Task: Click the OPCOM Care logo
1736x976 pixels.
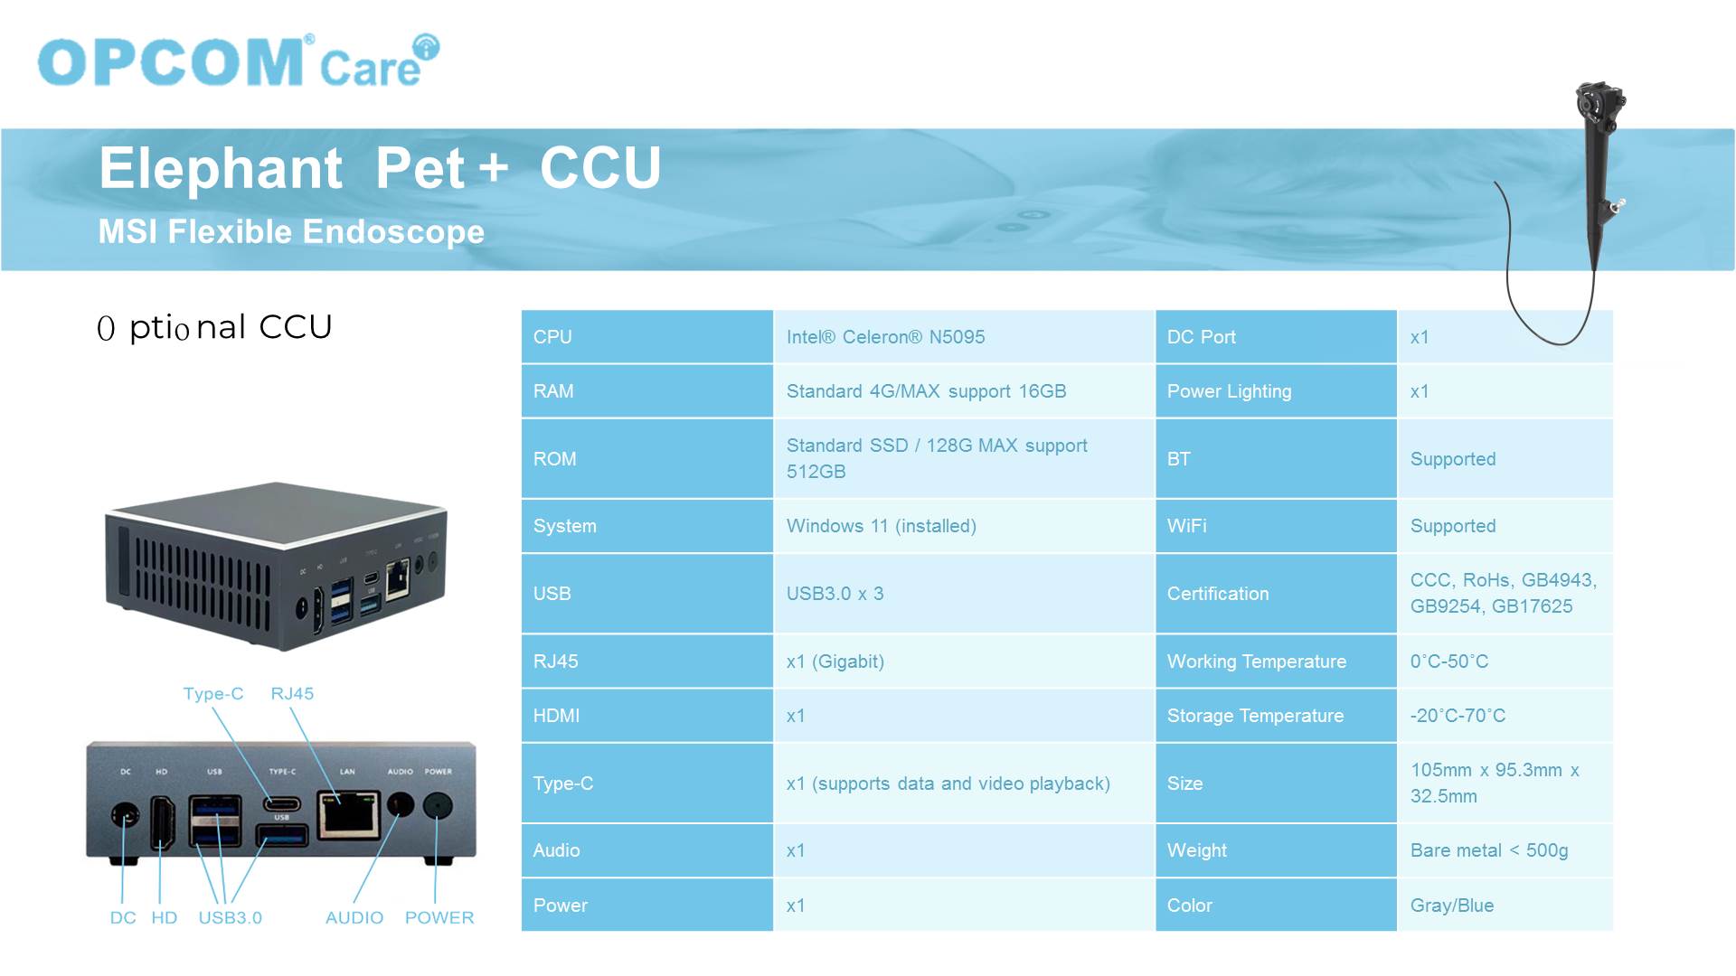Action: coord(239,61)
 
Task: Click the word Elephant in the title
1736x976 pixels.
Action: coord(221,168)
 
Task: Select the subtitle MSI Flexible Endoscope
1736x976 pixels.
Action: coord(291,231)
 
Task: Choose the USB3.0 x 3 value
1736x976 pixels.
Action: coord(835,594)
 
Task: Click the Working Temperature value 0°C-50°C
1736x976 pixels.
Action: coord(1448,662)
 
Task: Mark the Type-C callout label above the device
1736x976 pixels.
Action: coord(213,694)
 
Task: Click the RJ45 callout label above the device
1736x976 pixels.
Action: coord(292,694)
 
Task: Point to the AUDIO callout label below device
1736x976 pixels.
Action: coord(354,918)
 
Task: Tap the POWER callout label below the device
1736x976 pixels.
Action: coord(439,918)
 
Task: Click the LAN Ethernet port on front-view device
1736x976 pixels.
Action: coord(348,814)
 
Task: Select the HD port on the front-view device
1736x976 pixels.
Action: coord(163,822)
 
